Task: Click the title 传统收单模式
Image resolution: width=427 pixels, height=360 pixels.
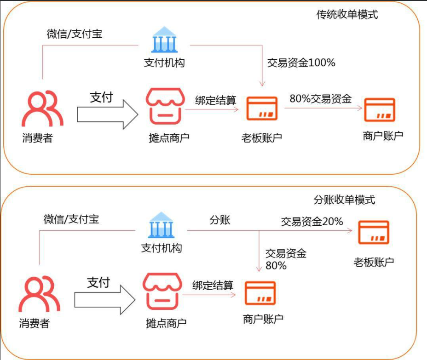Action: (346, 14)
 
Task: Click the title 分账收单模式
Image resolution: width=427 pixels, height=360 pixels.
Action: (344, 200)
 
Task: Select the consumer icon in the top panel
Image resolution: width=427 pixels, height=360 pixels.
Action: (43, 108)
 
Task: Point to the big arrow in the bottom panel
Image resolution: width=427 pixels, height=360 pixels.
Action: (104, 299)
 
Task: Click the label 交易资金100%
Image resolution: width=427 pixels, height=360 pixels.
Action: (301, 63)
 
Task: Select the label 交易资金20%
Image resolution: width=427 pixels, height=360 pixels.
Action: (312, 221)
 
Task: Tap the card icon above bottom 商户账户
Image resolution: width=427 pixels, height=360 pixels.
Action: (260, 294)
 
